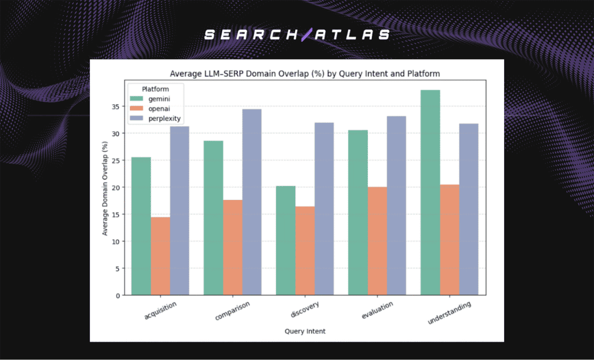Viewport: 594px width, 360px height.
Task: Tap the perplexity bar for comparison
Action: pos(252,202)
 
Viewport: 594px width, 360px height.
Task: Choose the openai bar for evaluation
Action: pos(378,241)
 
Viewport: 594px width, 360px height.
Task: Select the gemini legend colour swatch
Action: pos(137,99)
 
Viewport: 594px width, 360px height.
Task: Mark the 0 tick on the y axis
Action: pos(118,296)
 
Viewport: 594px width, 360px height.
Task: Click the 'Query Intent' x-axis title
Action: pos(304,331)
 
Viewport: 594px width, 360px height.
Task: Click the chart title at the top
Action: pos(304,74)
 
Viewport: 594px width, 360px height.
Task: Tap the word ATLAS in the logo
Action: pos(353,35)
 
